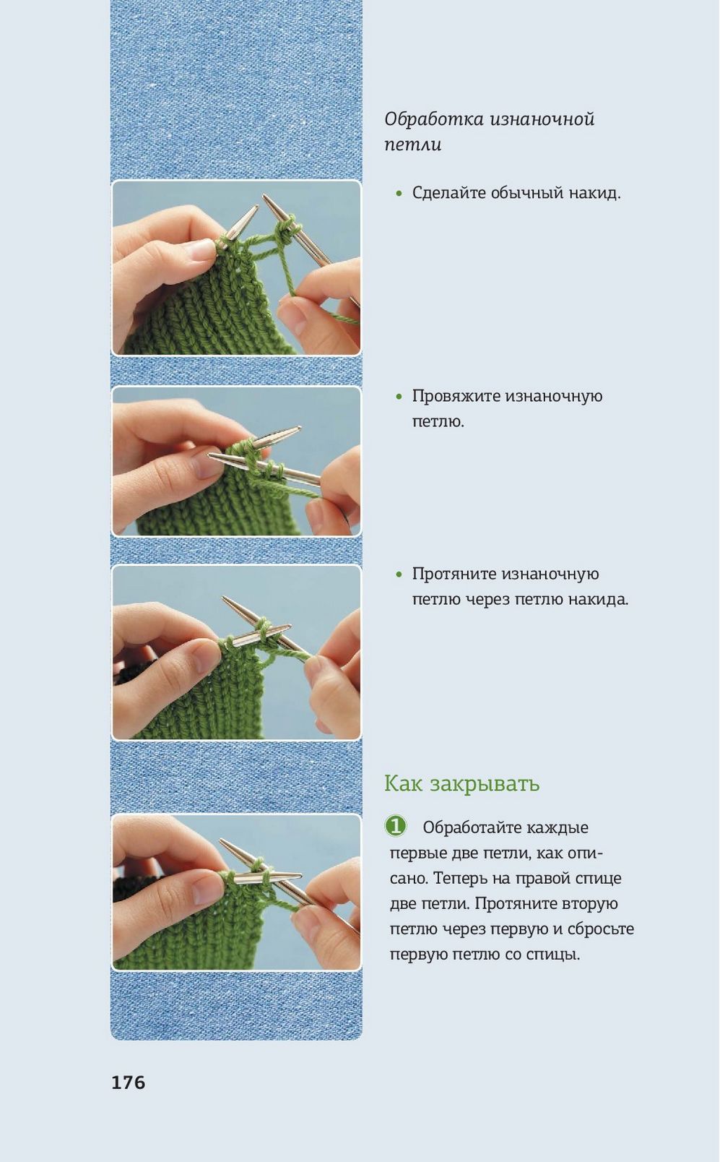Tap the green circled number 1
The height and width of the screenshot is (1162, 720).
(395, 826)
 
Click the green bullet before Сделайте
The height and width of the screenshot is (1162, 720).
(399, 194)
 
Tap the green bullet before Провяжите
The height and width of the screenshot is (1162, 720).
(399, 397)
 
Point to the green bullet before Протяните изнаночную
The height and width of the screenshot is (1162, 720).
(399, 574)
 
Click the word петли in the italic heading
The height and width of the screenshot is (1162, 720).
(412, 145)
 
